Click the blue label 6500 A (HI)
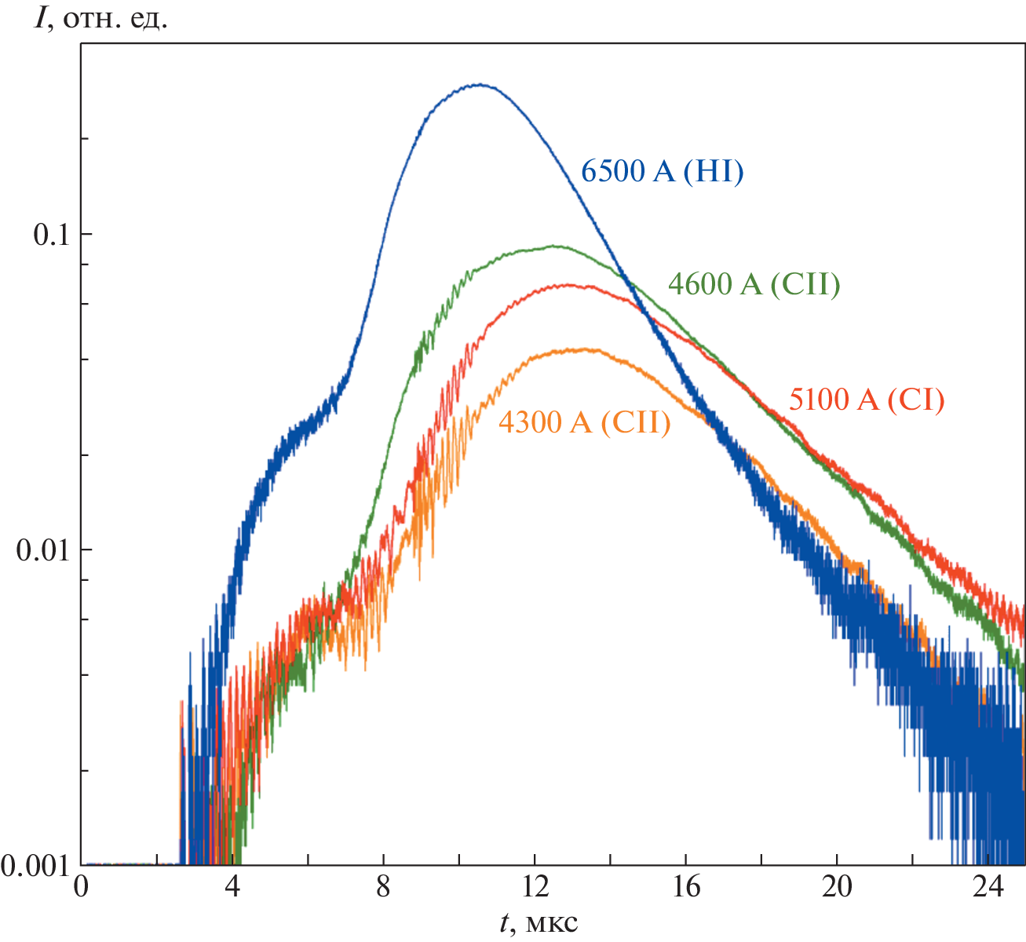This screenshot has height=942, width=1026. [662, 171]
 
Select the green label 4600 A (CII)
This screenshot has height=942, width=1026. [754, 283]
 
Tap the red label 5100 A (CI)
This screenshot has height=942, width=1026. [866, 400]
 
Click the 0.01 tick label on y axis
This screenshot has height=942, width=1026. [44, 549]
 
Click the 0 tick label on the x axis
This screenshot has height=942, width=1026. [82, 887]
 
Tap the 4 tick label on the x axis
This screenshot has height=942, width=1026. [232, 887]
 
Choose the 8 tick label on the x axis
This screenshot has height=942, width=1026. [383, 887]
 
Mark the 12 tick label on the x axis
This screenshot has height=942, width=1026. [535, 887]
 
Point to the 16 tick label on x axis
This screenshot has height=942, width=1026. [685, 887]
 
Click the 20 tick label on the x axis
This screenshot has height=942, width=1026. [837, 887]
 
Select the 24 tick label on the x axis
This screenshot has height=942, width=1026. [988, 887]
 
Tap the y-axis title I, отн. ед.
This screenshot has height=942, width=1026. [100, 17]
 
